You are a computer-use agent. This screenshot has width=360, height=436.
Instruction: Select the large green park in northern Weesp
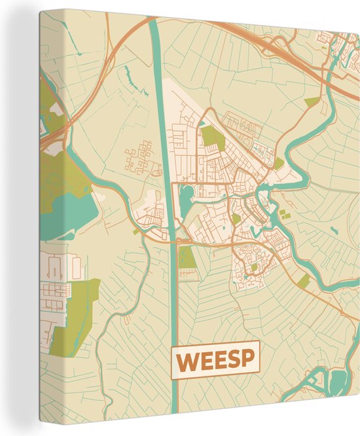pyautogui.click(x=211, y=136)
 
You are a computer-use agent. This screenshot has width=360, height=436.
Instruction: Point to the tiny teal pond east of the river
pyautogui.click(x=334, y=228)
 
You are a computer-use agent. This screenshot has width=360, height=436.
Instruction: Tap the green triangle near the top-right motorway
pyautogui.click(x=313, y=102)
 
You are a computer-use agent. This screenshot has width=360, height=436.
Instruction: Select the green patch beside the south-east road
pyautogui.click(x=304, y=281)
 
